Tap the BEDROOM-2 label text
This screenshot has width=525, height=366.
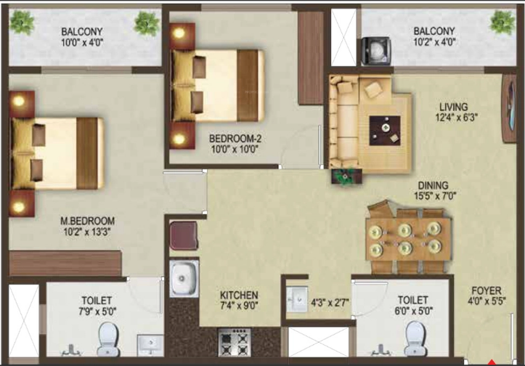coord(234,138)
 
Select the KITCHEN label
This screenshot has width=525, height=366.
coord(239,296)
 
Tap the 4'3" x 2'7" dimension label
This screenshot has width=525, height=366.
coord(330,301)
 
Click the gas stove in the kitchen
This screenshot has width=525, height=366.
coord(235,339)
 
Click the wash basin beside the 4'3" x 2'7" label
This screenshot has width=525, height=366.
coord(297,298)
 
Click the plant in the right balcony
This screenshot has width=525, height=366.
coord(501,22)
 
